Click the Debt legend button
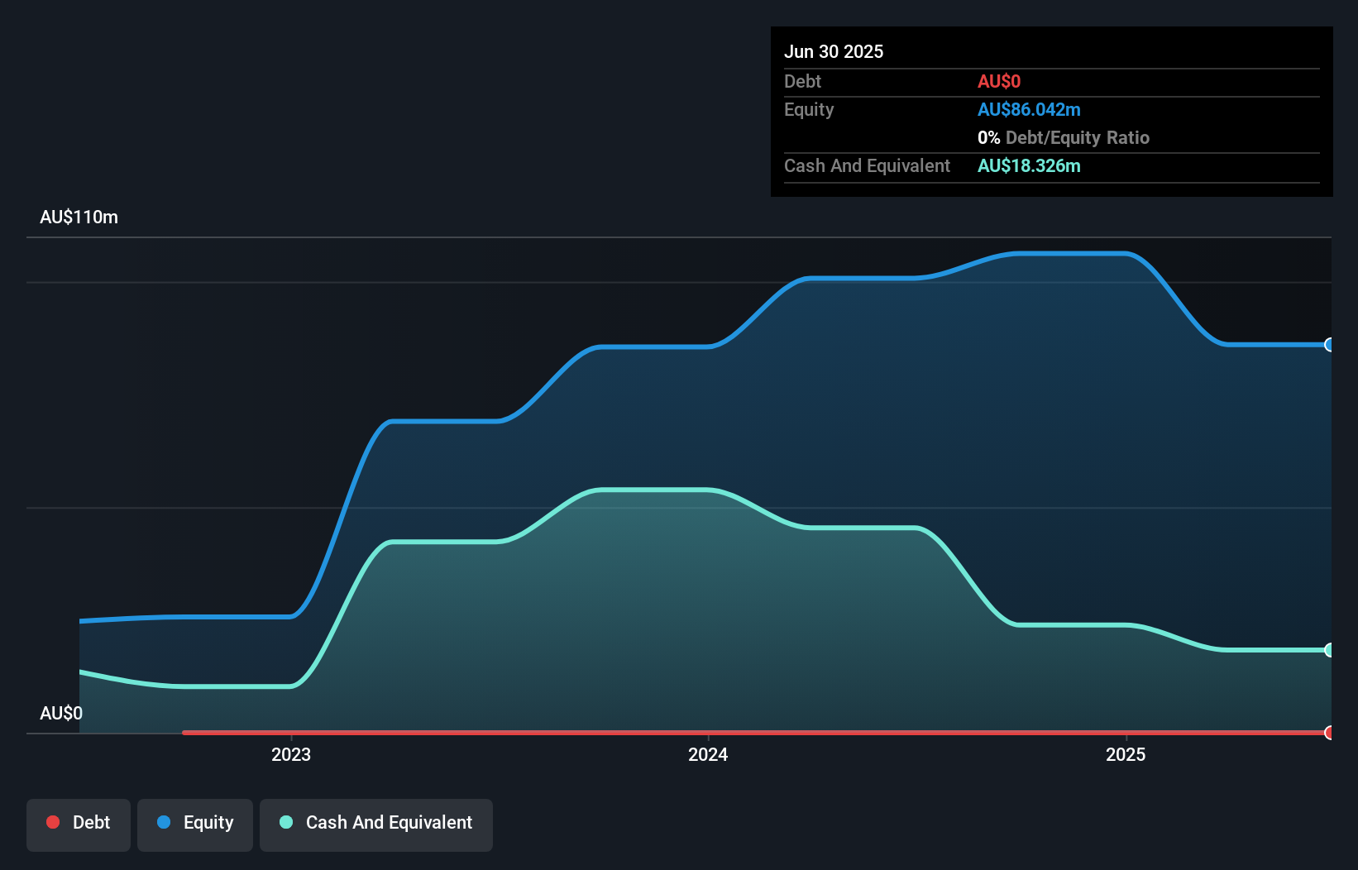point(79,824)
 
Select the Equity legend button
point(195,824)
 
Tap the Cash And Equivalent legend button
point(376,824)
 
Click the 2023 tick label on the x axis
point(291,754)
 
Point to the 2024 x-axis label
point(708,754)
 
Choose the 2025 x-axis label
point(1126,754)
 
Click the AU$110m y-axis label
point(79,217)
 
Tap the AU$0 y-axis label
point(61,713)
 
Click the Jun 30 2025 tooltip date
point(834,51)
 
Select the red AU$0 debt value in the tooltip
point(999,81)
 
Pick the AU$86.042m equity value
point(1029,109)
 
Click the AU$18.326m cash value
point(1029,165)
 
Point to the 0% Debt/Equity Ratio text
point(1064,137)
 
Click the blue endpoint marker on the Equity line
point(1329,345)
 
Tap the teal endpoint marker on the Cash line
point(1329,650)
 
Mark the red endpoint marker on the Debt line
point(1329,733)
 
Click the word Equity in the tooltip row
point(809,109)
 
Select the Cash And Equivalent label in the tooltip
point(867,165)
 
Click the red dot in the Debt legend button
point(53,822)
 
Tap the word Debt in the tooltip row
point(802,81)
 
